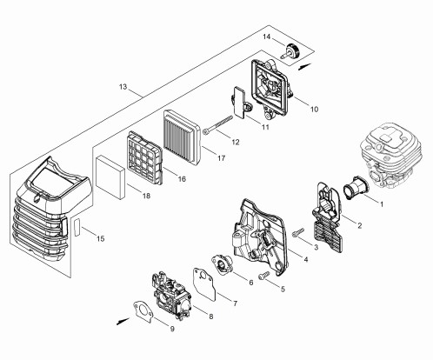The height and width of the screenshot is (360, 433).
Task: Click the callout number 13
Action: coord(123,87)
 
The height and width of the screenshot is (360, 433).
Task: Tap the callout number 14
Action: coord(267,37)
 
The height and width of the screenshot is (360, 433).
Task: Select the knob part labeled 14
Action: coord(290,51)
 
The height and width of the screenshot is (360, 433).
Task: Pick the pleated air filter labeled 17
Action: coord(181,134)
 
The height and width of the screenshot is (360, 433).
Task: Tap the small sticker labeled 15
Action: coord(77,227)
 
